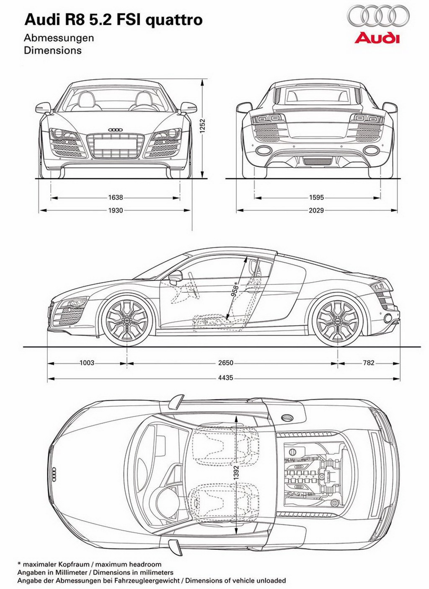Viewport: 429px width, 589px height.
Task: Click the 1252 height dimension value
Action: pyautogui.click(x=203, y=127)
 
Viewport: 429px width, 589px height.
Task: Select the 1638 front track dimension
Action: pyautogui.click(x=116, y=197)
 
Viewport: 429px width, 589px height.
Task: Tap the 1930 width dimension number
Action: pyautogui.click(x=116, y=210)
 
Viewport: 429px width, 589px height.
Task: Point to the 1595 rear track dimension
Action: pyautogui.click(x=317, y=197)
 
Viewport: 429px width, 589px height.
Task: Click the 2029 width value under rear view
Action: pyautogui.click(x=316, y=210)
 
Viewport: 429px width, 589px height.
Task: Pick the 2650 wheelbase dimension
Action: pyautogui.click(x=226, y=363)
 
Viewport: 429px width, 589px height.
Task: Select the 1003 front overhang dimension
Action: pyautogui.click(x=87, y=363)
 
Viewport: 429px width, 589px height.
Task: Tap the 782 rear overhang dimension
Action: pyautogui.click(x=369, y=363)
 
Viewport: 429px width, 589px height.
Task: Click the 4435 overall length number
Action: pyautogui.click(x=226, y=378)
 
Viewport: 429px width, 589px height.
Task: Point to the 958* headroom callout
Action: pyautogui.click(x=235, y=289)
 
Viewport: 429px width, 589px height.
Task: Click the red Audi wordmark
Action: pyautogui.click(x=377, y=38)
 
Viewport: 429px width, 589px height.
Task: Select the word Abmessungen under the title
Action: pyautogui.click(x=59, y=38)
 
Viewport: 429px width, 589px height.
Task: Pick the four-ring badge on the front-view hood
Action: pyautogui.click(x=116, y=130)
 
